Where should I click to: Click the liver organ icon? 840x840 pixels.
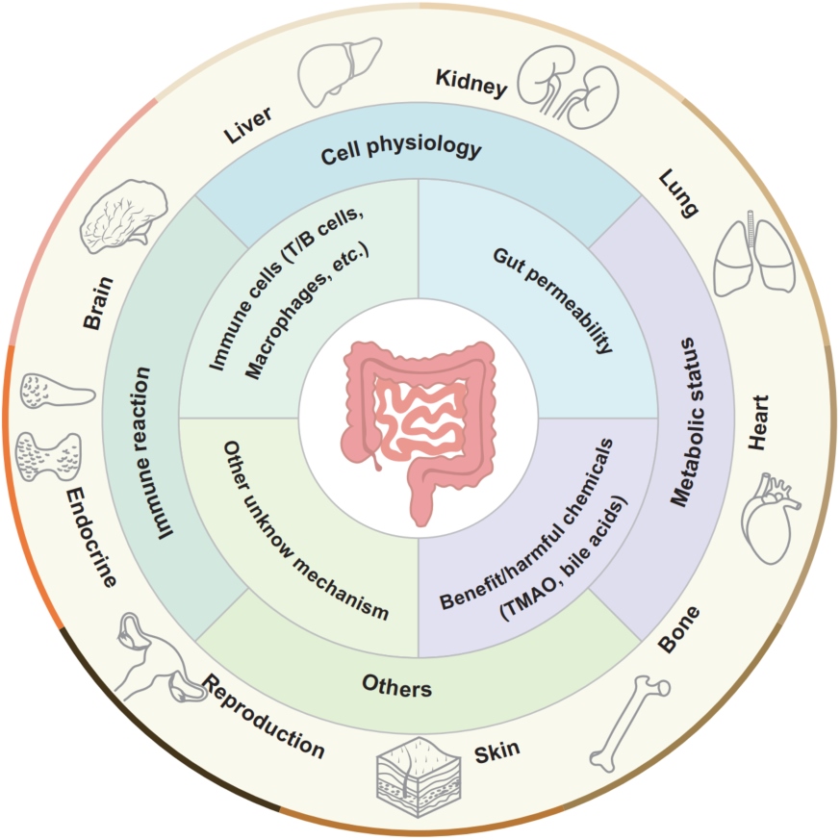(339, 70)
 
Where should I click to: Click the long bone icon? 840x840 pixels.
(630, 724)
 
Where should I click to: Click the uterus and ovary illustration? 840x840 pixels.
(155, 658)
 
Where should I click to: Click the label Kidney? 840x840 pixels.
(471, 83)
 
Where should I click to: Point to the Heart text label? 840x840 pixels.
(758, 422)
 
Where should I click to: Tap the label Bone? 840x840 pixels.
(678, 629)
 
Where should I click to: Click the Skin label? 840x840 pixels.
(496, 751)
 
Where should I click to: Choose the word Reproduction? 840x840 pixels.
(263, 716)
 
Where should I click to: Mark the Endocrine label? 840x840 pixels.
(90, 537)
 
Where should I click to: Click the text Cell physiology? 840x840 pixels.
(401, 149)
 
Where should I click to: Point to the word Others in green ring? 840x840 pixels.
(397, 686)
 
